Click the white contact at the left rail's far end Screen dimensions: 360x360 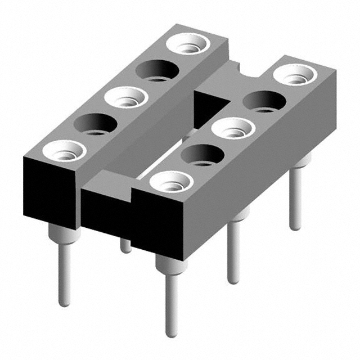click(x=190, y=43)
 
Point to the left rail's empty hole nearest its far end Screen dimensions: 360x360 click(x=158, y=70)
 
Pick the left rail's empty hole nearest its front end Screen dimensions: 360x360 click(x=94, y=124)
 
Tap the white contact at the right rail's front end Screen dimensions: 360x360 click(x=171, y=182)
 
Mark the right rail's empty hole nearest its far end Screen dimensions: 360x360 click(x=263, y=101)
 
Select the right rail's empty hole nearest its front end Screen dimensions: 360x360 click(x=201, y=155)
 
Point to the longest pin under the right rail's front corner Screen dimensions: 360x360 click(x=171, y=298)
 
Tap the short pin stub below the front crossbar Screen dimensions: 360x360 click(x=126, y=246)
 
